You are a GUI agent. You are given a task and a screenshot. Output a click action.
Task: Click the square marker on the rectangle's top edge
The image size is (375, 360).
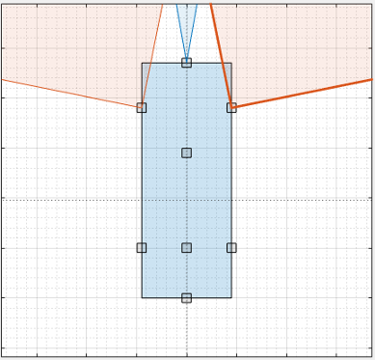[x=186, y=63]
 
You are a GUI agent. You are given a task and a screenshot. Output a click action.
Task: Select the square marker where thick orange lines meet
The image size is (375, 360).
[x=231, y=107]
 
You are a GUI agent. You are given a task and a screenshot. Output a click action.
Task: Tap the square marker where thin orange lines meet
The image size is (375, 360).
[x=142, y=107]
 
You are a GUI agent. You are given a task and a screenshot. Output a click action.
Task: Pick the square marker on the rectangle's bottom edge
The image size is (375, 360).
[x=186, y=297]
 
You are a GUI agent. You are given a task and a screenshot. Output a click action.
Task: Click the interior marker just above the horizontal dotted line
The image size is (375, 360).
[x=186, y=152]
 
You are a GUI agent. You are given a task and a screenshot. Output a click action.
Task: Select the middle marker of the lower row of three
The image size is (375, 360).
[x=186, y=247]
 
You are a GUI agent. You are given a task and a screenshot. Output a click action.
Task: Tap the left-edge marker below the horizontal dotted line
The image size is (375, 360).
[x=142, y=247]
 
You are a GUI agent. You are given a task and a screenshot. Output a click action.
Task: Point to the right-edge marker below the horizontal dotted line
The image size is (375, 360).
[x=231, y=247]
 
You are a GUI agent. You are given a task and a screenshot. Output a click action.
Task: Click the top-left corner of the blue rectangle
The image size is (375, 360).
[x=142, y=64]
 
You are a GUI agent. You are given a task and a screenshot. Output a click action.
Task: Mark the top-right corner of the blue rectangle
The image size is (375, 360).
[x=231, y=64]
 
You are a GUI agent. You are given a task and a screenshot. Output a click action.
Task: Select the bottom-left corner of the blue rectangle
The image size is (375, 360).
[x=142, y=297]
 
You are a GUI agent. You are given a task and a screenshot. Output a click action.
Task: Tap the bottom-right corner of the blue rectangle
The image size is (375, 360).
[x=231, y=297]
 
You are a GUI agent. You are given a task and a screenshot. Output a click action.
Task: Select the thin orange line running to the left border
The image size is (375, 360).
[x=67, y=93]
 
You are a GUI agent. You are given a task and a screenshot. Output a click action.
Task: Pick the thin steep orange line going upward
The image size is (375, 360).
[x=152, y=53]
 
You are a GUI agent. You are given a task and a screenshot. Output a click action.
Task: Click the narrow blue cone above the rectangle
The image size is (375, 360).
[x=186, y=24]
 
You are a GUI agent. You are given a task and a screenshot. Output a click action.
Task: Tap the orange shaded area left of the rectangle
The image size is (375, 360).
[x=67, y=48]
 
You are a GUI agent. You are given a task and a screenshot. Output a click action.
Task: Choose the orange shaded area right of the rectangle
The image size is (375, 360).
[x=299, y=48]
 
